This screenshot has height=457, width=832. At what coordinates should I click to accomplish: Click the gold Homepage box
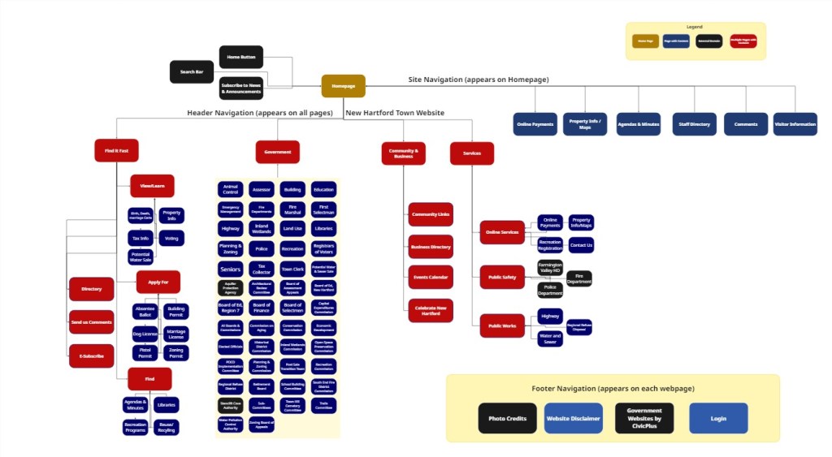(x=343, y=86)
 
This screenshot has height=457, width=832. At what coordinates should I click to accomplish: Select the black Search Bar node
(x=192, y=71)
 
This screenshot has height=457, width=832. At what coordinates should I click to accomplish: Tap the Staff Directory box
(x=694, y=124)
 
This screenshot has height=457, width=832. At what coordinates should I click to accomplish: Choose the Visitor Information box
(x=795, y=124)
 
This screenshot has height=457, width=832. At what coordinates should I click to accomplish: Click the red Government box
(x=277, y=152)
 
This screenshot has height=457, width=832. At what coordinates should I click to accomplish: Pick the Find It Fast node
(x=116, y=150)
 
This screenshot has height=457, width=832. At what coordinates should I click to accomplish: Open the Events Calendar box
(x=431, y=278)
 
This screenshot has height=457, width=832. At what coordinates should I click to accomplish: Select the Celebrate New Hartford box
(x=431, y=310)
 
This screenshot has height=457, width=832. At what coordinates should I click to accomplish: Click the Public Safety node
(x=502, y=277)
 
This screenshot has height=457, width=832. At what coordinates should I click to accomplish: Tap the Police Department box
(x=550, y=290)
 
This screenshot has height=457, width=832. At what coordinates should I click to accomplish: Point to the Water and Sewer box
(x=550, y=338)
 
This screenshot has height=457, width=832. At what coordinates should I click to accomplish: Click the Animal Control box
(x=231, y=189)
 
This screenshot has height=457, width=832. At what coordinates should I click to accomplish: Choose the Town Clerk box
(x=292, y=268)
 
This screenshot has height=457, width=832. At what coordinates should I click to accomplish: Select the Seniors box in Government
(x=231, y=268)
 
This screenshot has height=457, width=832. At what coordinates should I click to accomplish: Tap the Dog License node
(x=145, y=333)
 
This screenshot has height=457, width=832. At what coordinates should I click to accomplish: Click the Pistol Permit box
(x=145, y=353)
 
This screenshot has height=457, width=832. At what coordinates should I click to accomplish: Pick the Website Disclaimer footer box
(x=574, y=418)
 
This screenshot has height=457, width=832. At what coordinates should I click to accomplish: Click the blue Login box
(x=718, y=418)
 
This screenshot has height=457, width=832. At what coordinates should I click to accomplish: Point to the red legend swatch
(x=743, y=41)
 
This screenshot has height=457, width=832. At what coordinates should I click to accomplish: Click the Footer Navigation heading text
(x=613, y=389)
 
